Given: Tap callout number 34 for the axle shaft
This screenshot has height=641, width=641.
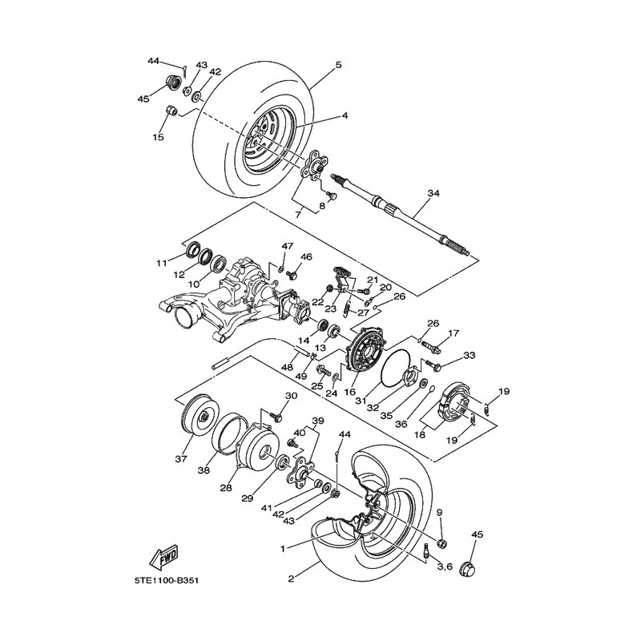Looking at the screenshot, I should [x=433, y=193].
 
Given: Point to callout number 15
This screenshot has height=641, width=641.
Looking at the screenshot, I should [x=158, y=137].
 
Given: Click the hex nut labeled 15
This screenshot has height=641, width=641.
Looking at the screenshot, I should [x=171, y=111].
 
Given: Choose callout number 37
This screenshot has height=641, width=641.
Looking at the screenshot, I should [x=181, y=460].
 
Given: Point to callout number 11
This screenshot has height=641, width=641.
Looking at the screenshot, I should [x=161, y=262].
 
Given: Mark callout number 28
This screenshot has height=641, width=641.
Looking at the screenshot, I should [x=227, y=488].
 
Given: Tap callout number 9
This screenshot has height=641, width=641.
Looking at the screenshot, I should [x=439, y=513].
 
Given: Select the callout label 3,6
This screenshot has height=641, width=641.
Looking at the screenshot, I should [x=445, y=566].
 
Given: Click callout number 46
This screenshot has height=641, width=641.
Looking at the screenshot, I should [x=306, y=257].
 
